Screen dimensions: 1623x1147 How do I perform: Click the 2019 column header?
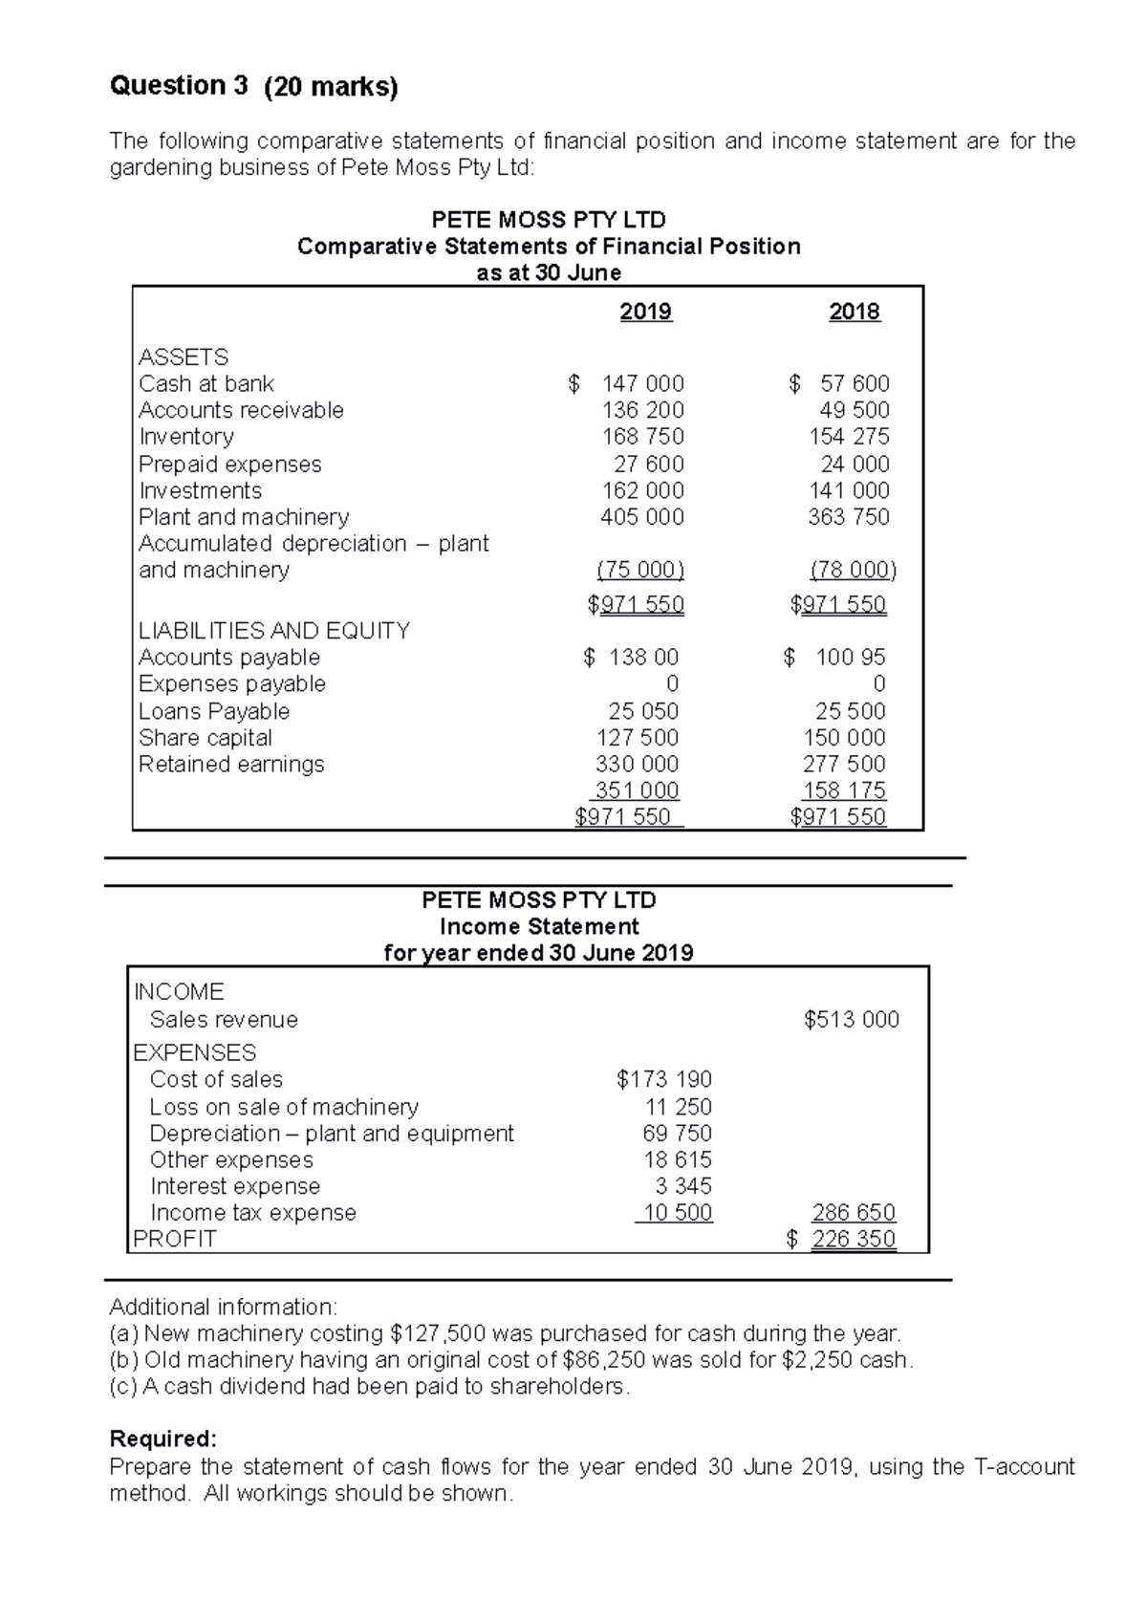click(x=645, y=312)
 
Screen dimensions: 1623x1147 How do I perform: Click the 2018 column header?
click(x=854, y=312)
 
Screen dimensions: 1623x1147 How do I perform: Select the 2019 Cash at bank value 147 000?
click(x=641, y=383)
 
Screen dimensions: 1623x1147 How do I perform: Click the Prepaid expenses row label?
click(x=229, y=465)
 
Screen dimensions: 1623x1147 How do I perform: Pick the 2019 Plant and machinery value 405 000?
click(x=641, y=517)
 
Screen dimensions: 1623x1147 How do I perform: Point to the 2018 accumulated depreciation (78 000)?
click(x=853, y=571)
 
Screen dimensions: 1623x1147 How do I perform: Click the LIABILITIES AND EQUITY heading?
click(x=274, y=631)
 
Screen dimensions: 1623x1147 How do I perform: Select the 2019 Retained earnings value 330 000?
click(x=637, y=765)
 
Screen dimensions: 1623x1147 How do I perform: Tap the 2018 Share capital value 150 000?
click(x=844, y=738)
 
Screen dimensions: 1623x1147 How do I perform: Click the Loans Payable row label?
click(x=214, y=711)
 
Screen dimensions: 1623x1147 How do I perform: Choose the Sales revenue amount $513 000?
click(x=851, y=1020)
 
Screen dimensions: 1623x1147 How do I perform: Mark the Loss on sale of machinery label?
click(x=284, y=1107)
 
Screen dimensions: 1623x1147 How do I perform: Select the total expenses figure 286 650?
click(x=853, y=1213)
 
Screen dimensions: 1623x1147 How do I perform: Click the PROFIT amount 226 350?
click(x=853, y=1240)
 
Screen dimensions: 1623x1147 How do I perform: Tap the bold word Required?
click(x=163, y=1439)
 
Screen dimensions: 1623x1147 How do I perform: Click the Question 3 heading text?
click(x=179, y=86)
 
